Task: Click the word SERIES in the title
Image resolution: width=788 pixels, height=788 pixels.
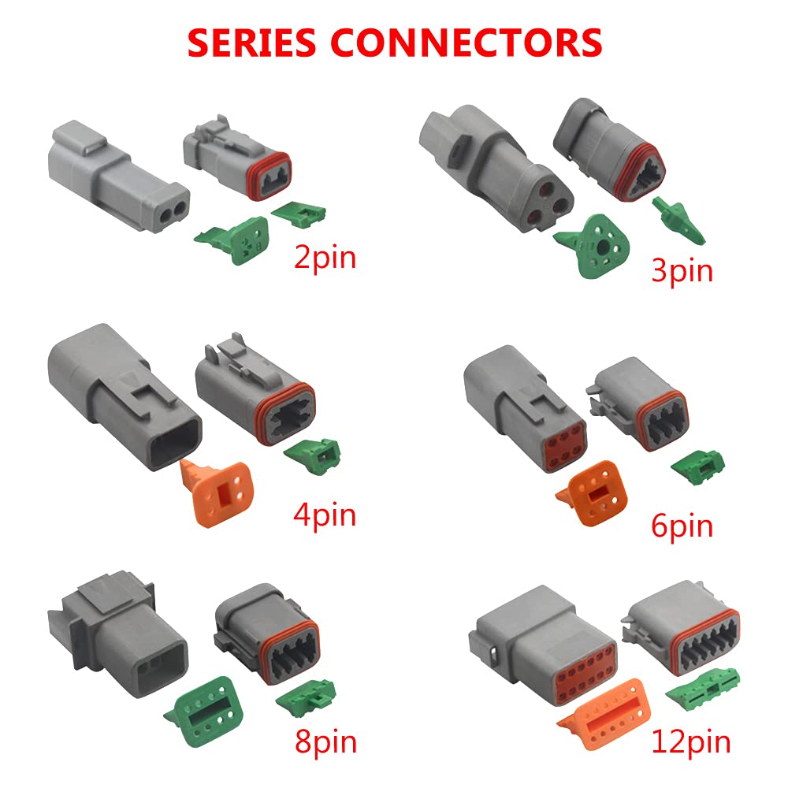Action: point(252,43)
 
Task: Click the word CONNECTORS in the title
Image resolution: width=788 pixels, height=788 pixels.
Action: point(466,43)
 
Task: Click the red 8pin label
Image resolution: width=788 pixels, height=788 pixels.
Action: point(325,743)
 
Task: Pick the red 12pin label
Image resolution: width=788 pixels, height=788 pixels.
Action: point(690,743)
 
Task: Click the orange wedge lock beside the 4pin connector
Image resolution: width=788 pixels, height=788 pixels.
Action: point(218,492)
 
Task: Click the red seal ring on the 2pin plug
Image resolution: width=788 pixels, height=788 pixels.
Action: point(269,177)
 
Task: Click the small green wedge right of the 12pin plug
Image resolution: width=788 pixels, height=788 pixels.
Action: point(704,687)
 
